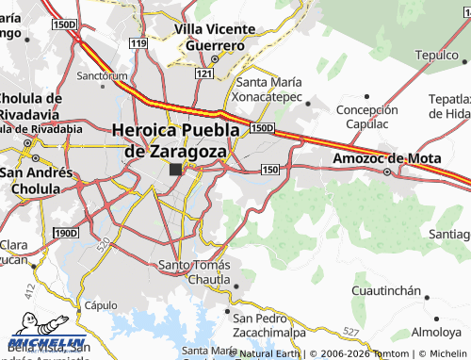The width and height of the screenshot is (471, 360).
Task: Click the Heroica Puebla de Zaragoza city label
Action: [x=169, y=140]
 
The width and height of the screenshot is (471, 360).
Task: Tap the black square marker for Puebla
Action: [x=176, y=170]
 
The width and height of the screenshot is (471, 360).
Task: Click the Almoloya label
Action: [x=436, y=333]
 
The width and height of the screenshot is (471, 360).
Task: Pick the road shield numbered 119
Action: [x=139, y=44]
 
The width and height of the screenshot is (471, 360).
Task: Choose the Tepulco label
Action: [x=436, y=55]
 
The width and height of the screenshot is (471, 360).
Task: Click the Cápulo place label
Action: [x=99, y=305]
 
